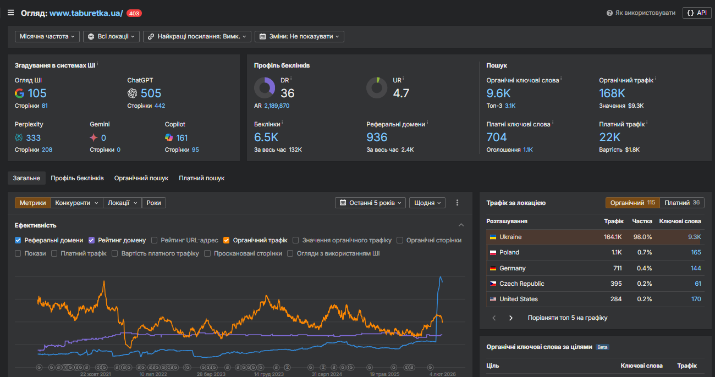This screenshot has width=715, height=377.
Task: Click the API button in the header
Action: (697, 13)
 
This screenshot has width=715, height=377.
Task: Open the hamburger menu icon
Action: (10, 13)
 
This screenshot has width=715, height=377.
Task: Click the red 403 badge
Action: (134, 13)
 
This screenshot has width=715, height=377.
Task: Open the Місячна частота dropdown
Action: (46, 36)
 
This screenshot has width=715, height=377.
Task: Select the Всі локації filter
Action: (112, 36)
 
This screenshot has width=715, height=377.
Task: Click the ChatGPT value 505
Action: (151, 93)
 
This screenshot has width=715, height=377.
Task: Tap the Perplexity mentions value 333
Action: (33, 138)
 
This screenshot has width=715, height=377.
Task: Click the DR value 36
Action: (287, 93)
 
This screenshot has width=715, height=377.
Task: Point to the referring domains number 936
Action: (377, 137)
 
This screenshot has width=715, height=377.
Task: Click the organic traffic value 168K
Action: (612, 93)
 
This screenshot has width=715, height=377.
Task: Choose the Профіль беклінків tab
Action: (77, 178)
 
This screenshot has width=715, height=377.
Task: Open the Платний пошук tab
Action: (201, 178)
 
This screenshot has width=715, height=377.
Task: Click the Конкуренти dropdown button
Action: (76, 203)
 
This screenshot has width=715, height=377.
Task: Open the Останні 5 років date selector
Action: (371, 203)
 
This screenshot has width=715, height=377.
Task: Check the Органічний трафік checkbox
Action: (227, 240)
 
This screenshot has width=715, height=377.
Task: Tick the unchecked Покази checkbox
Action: (18, 253)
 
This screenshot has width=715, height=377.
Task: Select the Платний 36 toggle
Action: (681, 203)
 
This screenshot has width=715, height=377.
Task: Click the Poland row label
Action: (509, 252)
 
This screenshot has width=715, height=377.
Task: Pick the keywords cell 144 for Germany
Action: (696, 268)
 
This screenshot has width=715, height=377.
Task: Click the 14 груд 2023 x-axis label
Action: (269, 374)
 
